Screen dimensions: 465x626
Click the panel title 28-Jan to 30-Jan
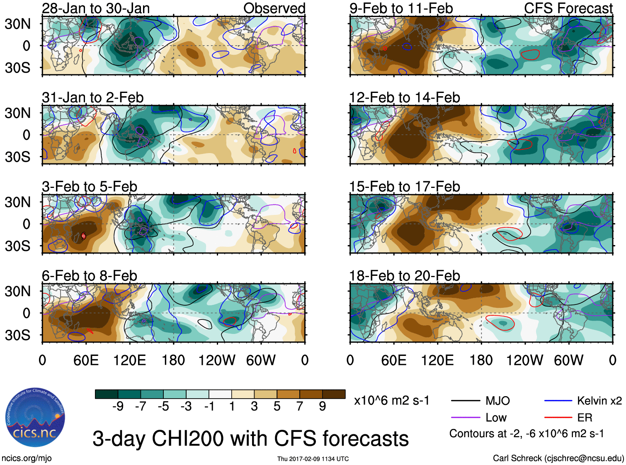pyautogui.click(x=96, y=8)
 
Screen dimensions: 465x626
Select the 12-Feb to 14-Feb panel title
pyautogui.click(x=404, y=97)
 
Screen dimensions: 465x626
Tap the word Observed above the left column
pyautogui.click(x=274, y=8)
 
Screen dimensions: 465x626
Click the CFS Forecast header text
pyautogui.click(x=568, y=8)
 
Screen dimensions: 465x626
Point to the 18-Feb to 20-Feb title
pyautogui.click(x=404, y=276)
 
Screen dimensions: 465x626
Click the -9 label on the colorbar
pyautogui.click(x=118, y=407)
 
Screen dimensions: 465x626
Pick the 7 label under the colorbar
pyautogui.click(x=300, y=407)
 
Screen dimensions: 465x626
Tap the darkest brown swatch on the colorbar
pyautogui.click(x=334, y=394)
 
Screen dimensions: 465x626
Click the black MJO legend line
pyautogui.click(x=465, y=401)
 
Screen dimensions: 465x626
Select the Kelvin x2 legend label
pyautogui.click(x=599, y=401)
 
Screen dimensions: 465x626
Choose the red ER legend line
pyautogui.click(x=558, y=417)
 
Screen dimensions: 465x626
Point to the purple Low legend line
pyautogui.click(x=465, y=417)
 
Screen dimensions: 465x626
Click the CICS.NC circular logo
pyautogui.click(x=35, y=418)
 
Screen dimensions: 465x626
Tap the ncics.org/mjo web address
pyautogui.click(x=27, y=458)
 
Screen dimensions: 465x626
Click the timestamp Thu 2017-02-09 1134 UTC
pyautogui.click(x=313, y=459)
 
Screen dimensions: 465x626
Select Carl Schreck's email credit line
pyautogui.click(x=558, y=458)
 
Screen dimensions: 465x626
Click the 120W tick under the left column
pyautogui.click(x=217, y=360)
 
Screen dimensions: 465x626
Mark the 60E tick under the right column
pyautogui.click(x=393, y=360)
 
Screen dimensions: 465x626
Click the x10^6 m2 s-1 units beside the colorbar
pyautogui.click(x=391, y=401)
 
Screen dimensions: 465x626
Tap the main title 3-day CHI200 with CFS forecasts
pyautogui.click(x=250, y=439)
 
